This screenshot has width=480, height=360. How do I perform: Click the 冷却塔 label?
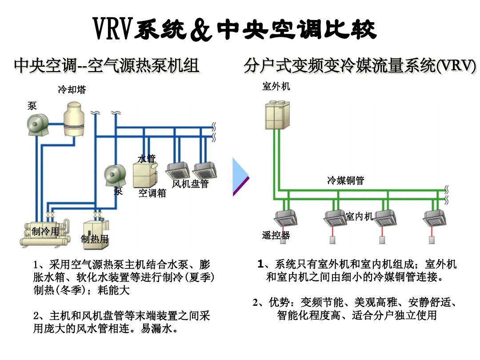click(72, 90)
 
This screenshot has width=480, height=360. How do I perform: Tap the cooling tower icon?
click(76, 118)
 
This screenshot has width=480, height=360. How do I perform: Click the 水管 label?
click(147, 158)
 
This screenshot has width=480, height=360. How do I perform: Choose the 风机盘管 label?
click(190, 184)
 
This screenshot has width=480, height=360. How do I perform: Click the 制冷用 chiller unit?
click(45, 234)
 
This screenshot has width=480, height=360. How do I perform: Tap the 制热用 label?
click(95, 239)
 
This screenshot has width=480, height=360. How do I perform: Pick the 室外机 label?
click(276, 86)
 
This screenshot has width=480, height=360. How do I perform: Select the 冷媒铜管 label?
click(345, 180)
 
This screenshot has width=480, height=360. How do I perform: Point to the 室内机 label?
click(359, 216)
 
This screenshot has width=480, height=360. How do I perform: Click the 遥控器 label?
click(276, 236)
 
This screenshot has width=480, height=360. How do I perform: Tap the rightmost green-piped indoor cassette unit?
click(433, 217)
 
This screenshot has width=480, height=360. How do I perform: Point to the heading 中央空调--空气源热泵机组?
click(106, 66)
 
